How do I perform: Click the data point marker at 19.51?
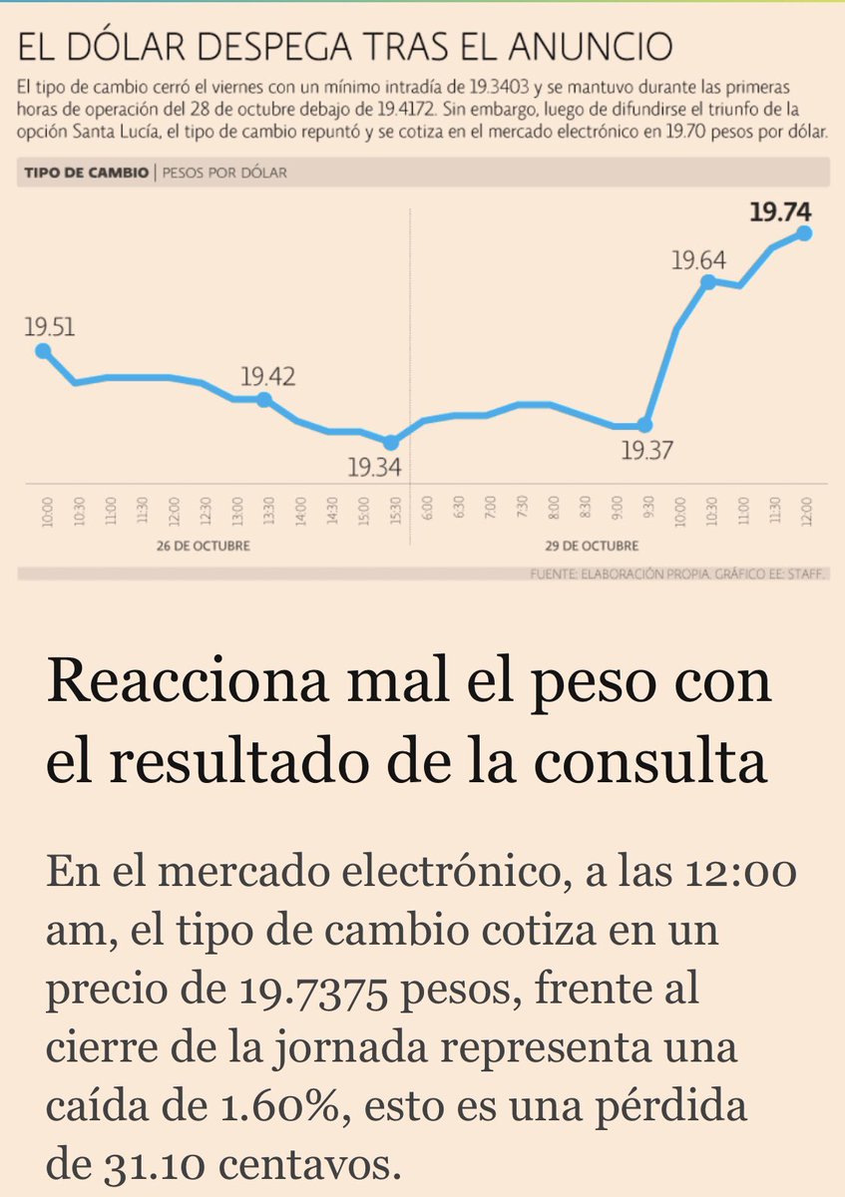pyautogui.click(x=42, y=350)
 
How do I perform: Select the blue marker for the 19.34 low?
pyautogui.click(x=391, y=442)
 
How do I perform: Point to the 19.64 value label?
pyautogui.click(x=697, y=261)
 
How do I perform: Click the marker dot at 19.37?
pyautogui.click(x=644, y=425)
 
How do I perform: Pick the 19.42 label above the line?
pyautogui.click(x=267, y=377)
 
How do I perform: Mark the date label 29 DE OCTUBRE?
pyautogui.click(x=599, y=547)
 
